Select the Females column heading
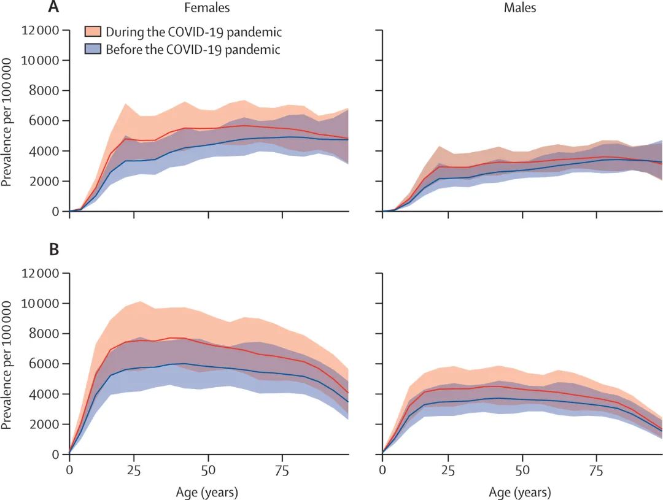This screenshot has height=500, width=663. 208,8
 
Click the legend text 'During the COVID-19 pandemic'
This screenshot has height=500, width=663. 193,31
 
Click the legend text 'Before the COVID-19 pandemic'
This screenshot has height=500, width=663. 193,49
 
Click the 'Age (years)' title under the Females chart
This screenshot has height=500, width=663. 208,492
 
